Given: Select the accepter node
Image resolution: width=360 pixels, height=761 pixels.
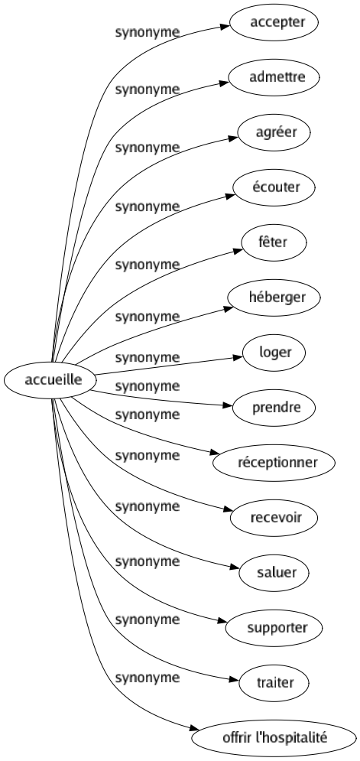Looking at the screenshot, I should point(277,22).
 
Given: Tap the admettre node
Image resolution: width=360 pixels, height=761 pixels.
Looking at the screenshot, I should point(277,77).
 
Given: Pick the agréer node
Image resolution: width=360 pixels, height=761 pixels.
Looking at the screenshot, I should point(277,132).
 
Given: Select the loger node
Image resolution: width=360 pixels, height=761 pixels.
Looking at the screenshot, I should point(277,353).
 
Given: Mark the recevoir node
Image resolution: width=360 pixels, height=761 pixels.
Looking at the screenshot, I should point(277,518).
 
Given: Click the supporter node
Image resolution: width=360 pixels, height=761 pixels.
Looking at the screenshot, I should point(277,628).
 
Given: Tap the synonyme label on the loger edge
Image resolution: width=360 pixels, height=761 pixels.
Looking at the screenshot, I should point(147,357).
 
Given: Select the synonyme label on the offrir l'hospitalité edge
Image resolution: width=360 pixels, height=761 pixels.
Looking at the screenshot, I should point(147,677).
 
